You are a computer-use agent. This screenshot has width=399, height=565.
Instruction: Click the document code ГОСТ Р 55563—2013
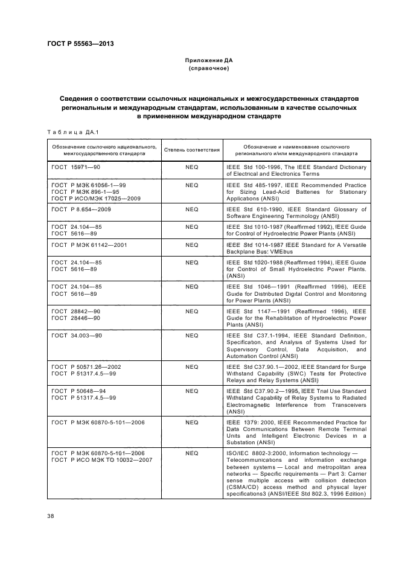click(80, 45)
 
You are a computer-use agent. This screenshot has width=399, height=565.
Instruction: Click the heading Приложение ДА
click(208, 61)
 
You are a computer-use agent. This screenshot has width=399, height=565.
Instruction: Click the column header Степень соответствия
click(191, 150)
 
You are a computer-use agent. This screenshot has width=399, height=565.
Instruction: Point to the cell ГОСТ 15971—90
click(75, 167)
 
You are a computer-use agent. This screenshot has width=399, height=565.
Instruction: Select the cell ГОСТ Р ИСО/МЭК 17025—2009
click(95, 198)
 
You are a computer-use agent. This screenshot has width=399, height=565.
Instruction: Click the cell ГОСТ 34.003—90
click(77, 335)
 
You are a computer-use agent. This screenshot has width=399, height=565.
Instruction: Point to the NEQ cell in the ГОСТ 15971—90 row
click(191, 167)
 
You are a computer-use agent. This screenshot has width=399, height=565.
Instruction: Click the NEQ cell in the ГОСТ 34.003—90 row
click(191, 335)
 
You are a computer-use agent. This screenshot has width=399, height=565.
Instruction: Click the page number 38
click(51, 515)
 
